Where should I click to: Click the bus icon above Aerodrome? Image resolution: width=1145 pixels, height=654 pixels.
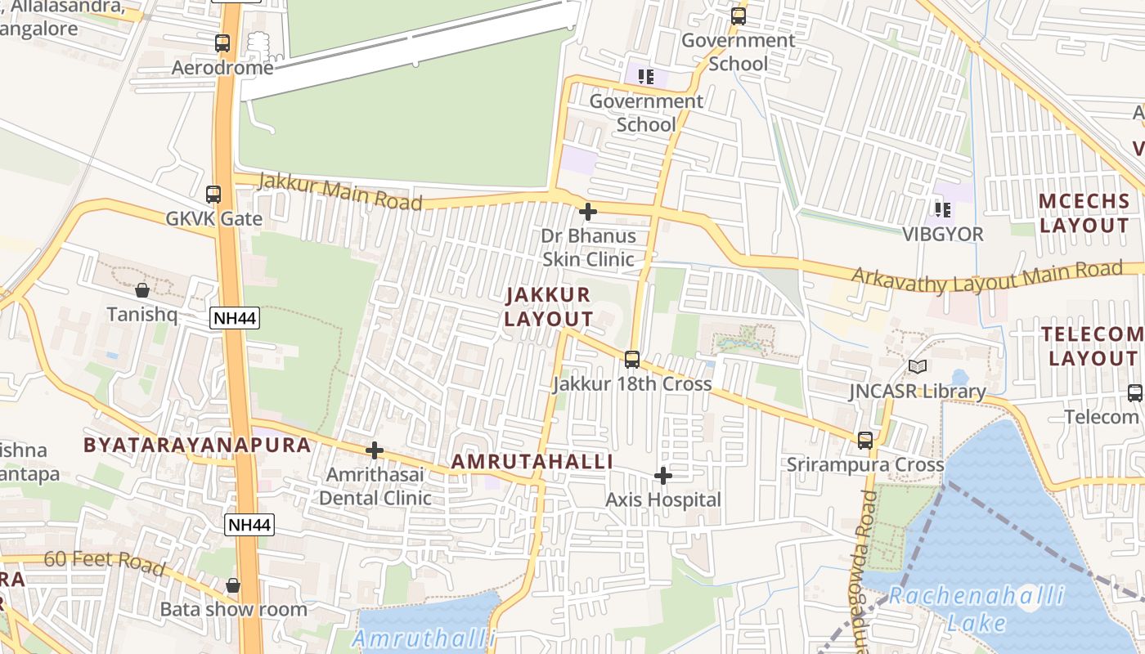click(222, 43)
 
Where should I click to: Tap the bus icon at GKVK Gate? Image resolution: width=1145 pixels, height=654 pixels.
click(213, 195)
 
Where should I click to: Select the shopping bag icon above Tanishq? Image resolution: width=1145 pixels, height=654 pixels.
click(142, 290)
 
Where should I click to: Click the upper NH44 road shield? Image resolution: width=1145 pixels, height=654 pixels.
click(235, 319)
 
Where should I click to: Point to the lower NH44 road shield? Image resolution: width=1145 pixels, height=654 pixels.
click(249, 525)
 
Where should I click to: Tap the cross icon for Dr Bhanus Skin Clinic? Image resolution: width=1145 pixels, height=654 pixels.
click(587, 213)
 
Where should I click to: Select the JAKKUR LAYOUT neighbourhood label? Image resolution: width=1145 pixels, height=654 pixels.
click(548, 307)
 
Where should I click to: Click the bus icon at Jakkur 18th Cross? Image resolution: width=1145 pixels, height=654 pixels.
click(631, 360)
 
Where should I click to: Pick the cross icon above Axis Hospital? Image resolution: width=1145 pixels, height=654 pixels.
click(663, 476)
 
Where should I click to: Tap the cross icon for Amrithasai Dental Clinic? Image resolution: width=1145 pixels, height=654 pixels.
click(375, 450)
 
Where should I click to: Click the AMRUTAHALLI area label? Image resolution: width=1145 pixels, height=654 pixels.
click(532, 462)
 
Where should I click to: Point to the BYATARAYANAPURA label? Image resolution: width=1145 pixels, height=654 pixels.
click(197, 446)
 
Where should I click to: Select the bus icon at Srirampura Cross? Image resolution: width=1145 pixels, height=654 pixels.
click(865, 441)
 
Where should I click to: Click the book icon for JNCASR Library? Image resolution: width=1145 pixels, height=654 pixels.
click(918, 367)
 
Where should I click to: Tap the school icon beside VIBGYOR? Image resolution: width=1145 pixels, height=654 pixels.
click(942, 210)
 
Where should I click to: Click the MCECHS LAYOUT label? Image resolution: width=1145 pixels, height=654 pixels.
click(1084, 213)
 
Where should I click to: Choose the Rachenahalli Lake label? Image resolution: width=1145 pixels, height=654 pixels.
click(977, 609)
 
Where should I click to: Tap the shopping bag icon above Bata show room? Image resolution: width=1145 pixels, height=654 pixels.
click(233, 585)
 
